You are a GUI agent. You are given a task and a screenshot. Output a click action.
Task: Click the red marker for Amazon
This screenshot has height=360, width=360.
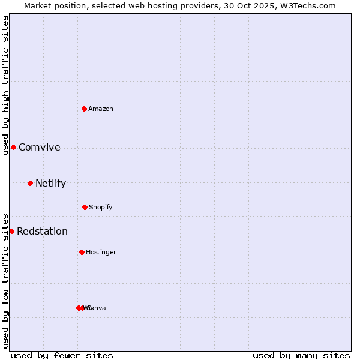pyautogui.click(x=84, y=109)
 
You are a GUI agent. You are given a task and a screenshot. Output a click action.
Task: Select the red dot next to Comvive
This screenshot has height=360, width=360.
pyautogui.click(x=13, y=147)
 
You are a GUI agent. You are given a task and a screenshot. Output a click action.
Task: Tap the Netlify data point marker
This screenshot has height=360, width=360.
pyautogui.click(x=30, y=183)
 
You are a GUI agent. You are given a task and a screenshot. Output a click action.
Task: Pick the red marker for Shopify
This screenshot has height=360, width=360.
pyautogui.click(x=85, y=207)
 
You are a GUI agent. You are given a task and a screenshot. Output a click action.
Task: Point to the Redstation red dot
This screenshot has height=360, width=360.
pyautogui.click(x=11, y=231)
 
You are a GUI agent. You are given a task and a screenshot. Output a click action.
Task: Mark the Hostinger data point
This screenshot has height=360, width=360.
pyautogui.click(x=82, y=252)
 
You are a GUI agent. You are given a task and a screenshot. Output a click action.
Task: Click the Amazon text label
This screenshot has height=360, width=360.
pyautogui.click(x=101, y=109)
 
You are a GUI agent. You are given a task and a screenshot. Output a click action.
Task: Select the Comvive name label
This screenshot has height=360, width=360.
pyautogui.click(x=40, y=148)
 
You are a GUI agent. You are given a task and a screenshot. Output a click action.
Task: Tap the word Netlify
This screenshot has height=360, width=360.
pyautogui.click(x=50, y=184)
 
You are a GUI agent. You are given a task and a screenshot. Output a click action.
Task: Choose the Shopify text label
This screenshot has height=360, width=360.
pyautogui.click(x=101, y=207)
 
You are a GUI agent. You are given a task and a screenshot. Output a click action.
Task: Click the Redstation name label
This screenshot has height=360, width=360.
pyautogui.click(x=42, y=232)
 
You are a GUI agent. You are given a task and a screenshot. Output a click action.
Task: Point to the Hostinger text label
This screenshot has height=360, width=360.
pyautogui.click(x=101, y=252)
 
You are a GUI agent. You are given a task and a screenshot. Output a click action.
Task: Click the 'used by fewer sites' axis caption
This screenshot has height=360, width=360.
pyautogui.click(x=62, y=355)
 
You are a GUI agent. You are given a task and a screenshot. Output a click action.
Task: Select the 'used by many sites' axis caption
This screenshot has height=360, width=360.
pyautogui.click(x=301, y=355)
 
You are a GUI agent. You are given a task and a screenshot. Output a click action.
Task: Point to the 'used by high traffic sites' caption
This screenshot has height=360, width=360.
pyautogui.click(x=5, y=85)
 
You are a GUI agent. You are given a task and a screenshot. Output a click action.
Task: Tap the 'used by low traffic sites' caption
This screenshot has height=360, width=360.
pyautogui.click(x=5, y=280)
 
